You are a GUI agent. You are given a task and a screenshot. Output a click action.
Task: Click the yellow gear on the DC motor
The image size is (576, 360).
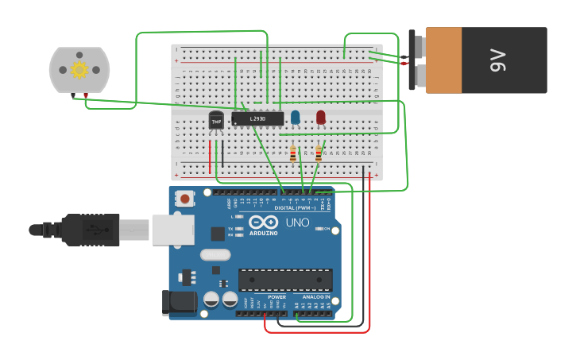(79, 69)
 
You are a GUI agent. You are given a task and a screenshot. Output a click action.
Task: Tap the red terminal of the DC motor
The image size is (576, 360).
(85, 96)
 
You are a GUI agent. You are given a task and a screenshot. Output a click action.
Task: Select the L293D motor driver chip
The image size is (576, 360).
(257, 118)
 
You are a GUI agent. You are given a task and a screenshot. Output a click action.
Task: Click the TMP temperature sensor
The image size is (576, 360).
(216, 121)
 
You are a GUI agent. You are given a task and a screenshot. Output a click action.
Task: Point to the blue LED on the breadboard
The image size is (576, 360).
(296, 117)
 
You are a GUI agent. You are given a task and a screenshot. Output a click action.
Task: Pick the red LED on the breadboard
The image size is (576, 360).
(320, 117)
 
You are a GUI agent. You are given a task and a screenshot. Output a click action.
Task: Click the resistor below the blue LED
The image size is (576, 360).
(293, 154)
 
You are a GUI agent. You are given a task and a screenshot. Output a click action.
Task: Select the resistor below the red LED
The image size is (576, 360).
(319, 153)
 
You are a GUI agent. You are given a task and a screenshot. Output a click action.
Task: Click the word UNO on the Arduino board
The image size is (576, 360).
(297, 223)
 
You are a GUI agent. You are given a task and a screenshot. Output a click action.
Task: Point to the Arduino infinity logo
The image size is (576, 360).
(263, 222)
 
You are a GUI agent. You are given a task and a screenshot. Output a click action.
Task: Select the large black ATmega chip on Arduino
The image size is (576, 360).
(285, 280)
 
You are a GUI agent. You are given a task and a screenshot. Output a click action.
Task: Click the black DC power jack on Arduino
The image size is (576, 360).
(179, 302)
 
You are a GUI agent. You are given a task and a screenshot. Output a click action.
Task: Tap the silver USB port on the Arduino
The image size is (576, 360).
(172, 230)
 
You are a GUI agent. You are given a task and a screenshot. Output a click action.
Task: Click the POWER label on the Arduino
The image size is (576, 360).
(276, 297)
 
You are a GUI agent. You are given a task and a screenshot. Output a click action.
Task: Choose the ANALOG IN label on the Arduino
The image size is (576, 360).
(316, 297)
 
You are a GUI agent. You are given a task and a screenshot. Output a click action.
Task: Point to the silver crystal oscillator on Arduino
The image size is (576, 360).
(215, 255)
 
